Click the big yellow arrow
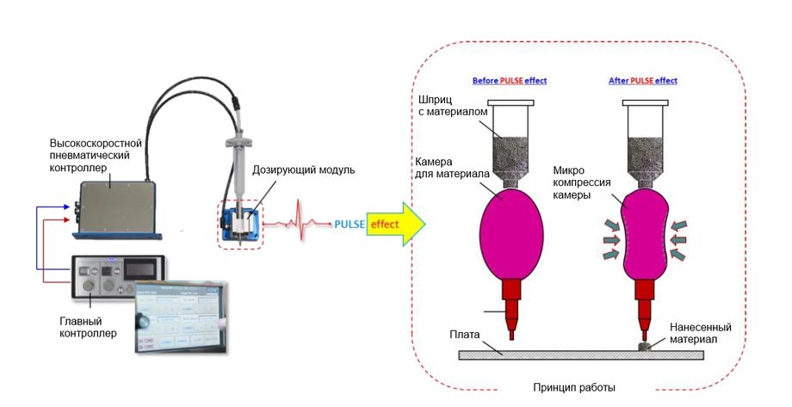396,225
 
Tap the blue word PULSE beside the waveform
350,225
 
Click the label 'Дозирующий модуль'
304,170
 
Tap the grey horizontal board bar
560,353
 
